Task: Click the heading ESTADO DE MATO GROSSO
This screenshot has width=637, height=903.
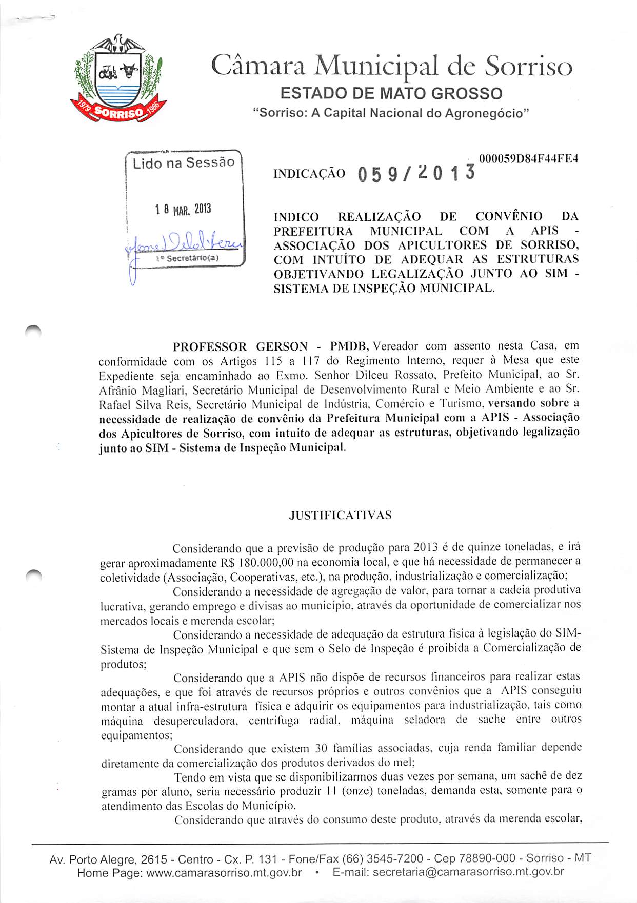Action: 391,94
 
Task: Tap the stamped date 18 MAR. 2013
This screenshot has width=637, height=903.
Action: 183,210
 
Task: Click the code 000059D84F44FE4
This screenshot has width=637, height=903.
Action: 528,159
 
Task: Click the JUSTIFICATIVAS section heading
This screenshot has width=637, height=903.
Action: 340,515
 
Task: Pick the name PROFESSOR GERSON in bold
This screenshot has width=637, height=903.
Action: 240,347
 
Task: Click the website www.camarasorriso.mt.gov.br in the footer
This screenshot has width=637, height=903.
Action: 224,872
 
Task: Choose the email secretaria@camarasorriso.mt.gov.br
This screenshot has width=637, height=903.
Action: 468,872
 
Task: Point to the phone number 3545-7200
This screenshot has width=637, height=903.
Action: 394,858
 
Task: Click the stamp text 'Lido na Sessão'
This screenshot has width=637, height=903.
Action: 184,163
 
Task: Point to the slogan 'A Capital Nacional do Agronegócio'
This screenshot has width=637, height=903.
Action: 420,113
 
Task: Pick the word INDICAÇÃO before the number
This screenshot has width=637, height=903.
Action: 309,174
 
